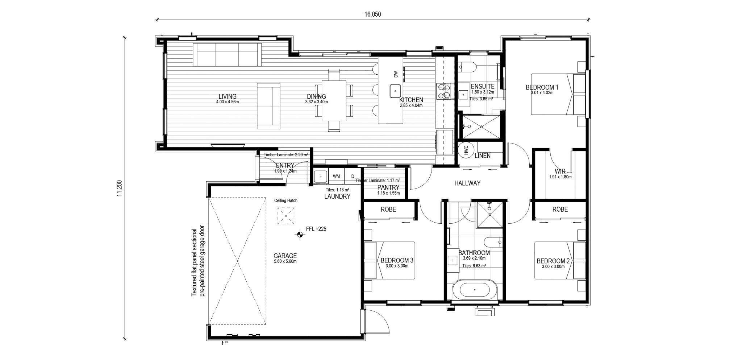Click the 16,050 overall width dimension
click(x=372, y=15)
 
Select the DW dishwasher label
click(x=396, y=74)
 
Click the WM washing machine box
click(x=337, y=177)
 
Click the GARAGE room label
click(x=285, y=256)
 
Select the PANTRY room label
click(x=388, y=187)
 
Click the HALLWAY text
click(x=467, y=183)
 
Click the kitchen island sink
click(x=395, y=91)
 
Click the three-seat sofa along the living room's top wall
click(x=227, y=55)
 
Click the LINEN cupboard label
click(x=482, y=156)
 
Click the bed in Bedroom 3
click(x=390, y=260)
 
